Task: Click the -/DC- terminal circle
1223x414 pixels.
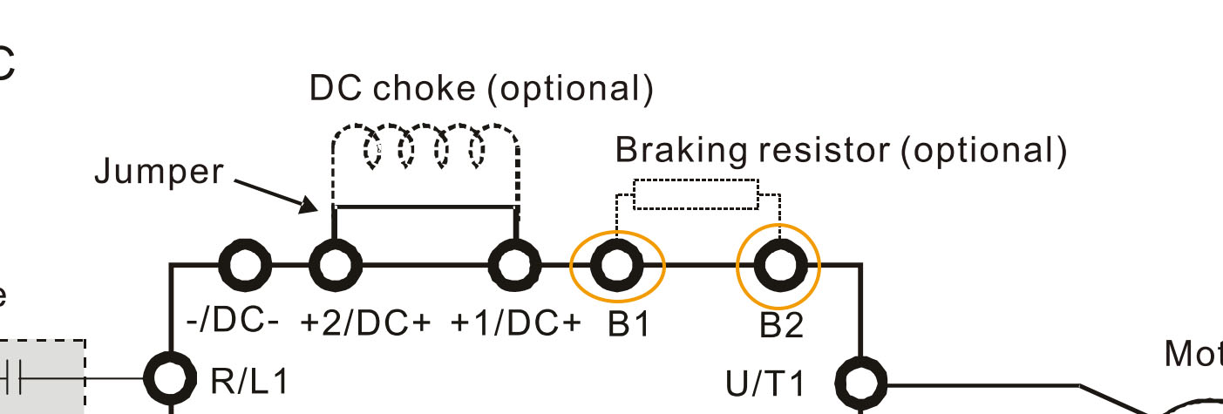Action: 243,265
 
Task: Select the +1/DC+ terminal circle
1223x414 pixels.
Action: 515,265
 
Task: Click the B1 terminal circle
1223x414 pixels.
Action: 617,265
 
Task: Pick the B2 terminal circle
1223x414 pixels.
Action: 778,265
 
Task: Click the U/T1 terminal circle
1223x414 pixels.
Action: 860,382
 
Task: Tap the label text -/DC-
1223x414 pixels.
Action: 233,321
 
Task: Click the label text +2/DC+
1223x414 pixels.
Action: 366,322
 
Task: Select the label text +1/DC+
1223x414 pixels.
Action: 515,322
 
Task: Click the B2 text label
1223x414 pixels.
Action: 781,325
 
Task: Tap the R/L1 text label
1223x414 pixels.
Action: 248,381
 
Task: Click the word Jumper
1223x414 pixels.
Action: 159,172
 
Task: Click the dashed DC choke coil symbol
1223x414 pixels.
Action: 425,151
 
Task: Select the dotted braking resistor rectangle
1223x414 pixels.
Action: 695,194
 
